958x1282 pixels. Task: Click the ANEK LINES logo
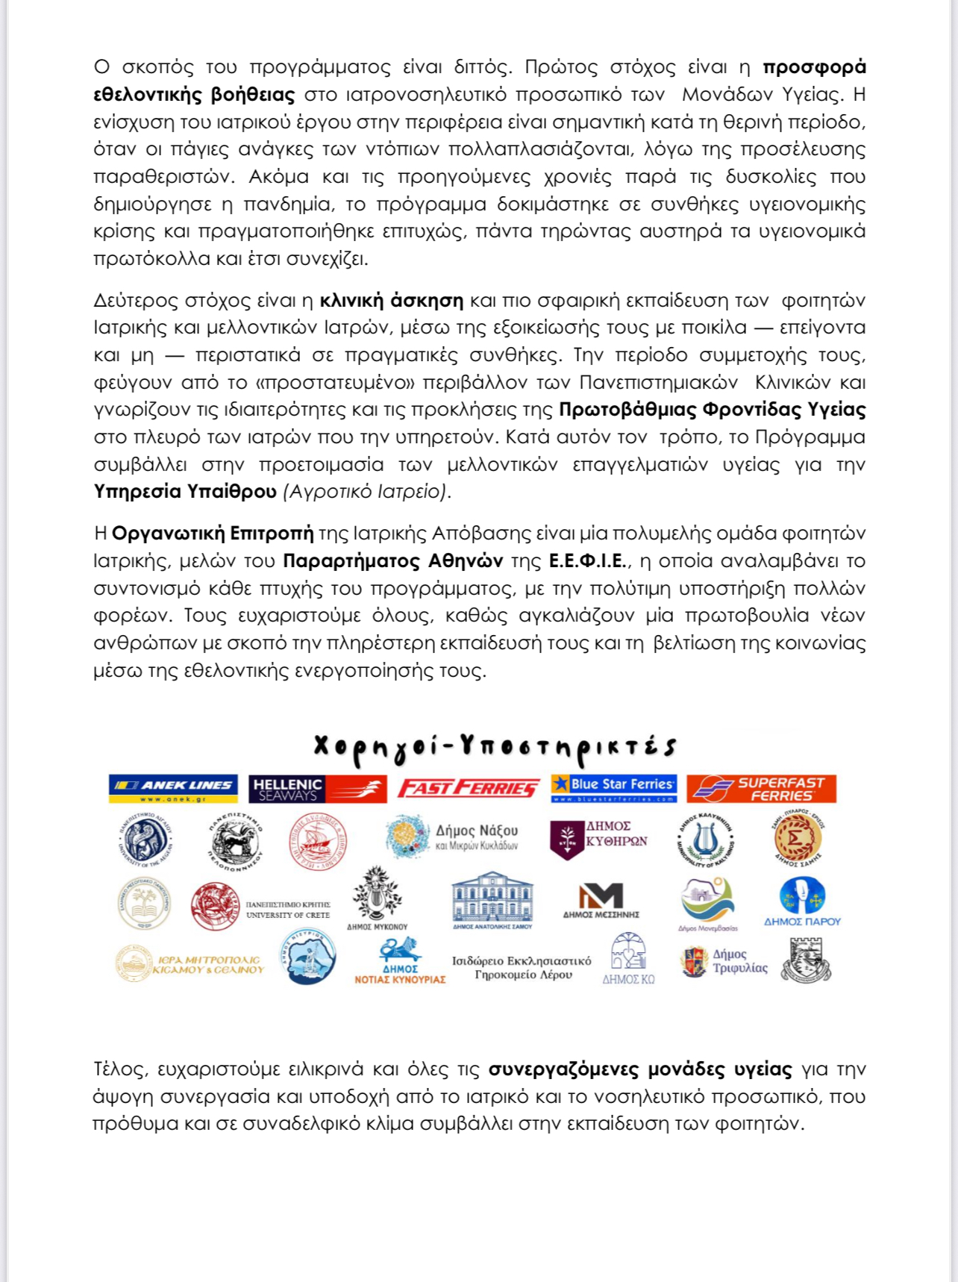pos(173,788)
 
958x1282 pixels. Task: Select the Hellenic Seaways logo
pos(317,789)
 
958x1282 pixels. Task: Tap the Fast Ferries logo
pos(469,789)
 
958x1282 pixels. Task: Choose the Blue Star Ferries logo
pos(613,788)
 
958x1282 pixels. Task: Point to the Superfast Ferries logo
pos(761,789)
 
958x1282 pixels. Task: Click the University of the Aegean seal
pos(145,840)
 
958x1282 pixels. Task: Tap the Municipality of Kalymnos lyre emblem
pos(705,840)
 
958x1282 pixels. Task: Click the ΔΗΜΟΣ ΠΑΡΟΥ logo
pos(802,901)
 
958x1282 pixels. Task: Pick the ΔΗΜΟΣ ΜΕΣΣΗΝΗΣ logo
pos(601,900)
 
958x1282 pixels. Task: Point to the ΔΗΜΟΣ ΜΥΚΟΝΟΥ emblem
pos(378,898)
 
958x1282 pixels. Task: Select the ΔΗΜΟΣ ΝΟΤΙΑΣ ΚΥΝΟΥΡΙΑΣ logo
pos(400,961)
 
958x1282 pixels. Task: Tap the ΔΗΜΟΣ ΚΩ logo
pos(628,960)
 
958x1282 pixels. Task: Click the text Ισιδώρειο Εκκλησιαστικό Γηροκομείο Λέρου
pos(522,968)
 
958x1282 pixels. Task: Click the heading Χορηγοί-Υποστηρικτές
pos(495,747)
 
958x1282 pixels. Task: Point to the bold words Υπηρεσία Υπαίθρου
pos(185,492)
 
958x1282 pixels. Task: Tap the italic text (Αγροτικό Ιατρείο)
pos(367,492)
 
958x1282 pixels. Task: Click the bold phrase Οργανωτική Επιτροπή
pos(213,534)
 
